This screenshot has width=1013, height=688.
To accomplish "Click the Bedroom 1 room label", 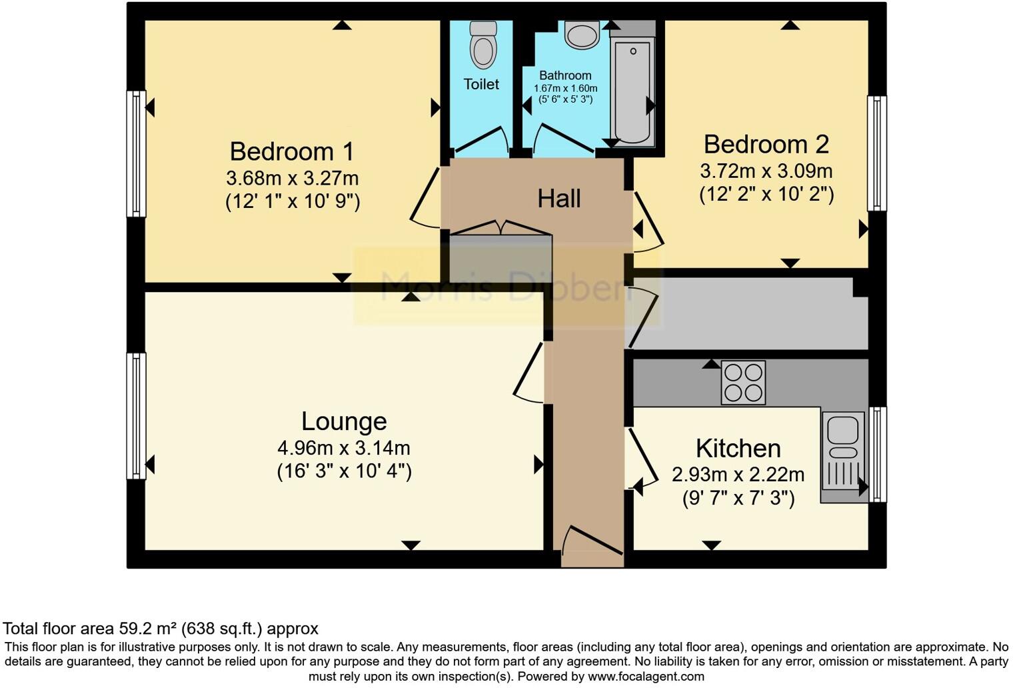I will click(291, 151).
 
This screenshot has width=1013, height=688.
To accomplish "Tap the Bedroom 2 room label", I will click(766, 144).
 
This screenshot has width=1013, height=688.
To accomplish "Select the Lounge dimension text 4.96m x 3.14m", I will click(343, 448).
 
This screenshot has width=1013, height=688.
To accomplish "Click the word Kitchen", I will click(738, 448).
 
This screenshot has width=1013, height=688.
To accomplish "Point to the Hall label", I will click(558, 199).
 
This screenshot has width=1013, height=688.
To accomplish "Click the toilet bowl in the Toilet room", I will click(483, 45).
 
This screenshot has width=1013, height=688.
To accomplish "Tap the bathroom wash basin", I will click(581, 35).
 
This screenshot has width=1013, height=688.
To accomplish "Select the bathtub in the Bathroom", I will click(632, 90).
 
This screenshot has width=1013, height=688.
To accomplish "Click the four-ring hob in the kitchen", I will click(743, 383).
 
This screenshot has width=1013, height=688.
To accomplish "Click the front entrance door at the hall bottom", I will click(592, 541).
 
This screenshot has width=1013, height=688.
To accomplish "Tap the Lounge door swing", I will click(530, 375).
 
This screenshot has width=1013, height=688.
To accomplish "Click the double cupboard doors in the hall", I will click(501, 227).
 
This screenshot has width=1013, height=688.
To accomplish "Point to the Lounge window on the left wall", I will click(136, 415).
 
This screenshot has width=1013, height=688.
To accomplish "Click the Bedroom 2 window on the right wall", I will click(876, 153).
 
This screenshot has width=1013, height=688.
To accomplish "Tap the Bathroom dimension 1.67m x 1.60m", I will click(565, 88).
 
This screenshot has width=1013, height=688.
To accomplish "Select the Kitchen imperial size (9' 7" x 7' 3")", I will click(738, 498).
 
